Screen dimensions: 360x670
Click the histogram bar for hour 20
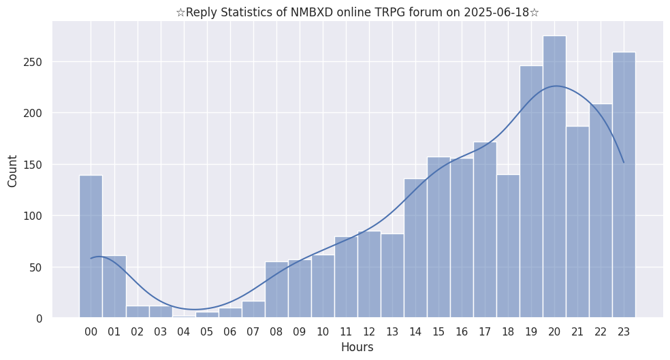click(x=554, y=177)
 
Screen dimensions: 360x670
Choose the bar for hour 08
click(x=276, y=290)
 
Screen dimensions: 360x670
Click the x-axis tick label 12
click(x=369, y=332)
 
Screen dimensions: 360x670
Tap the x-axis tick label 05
click(x=206, y=332)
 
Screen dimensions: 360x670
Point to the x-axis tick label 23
click(x=624, y=332)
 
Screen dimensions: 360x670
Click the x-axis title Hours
click(x=357, y=347)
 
